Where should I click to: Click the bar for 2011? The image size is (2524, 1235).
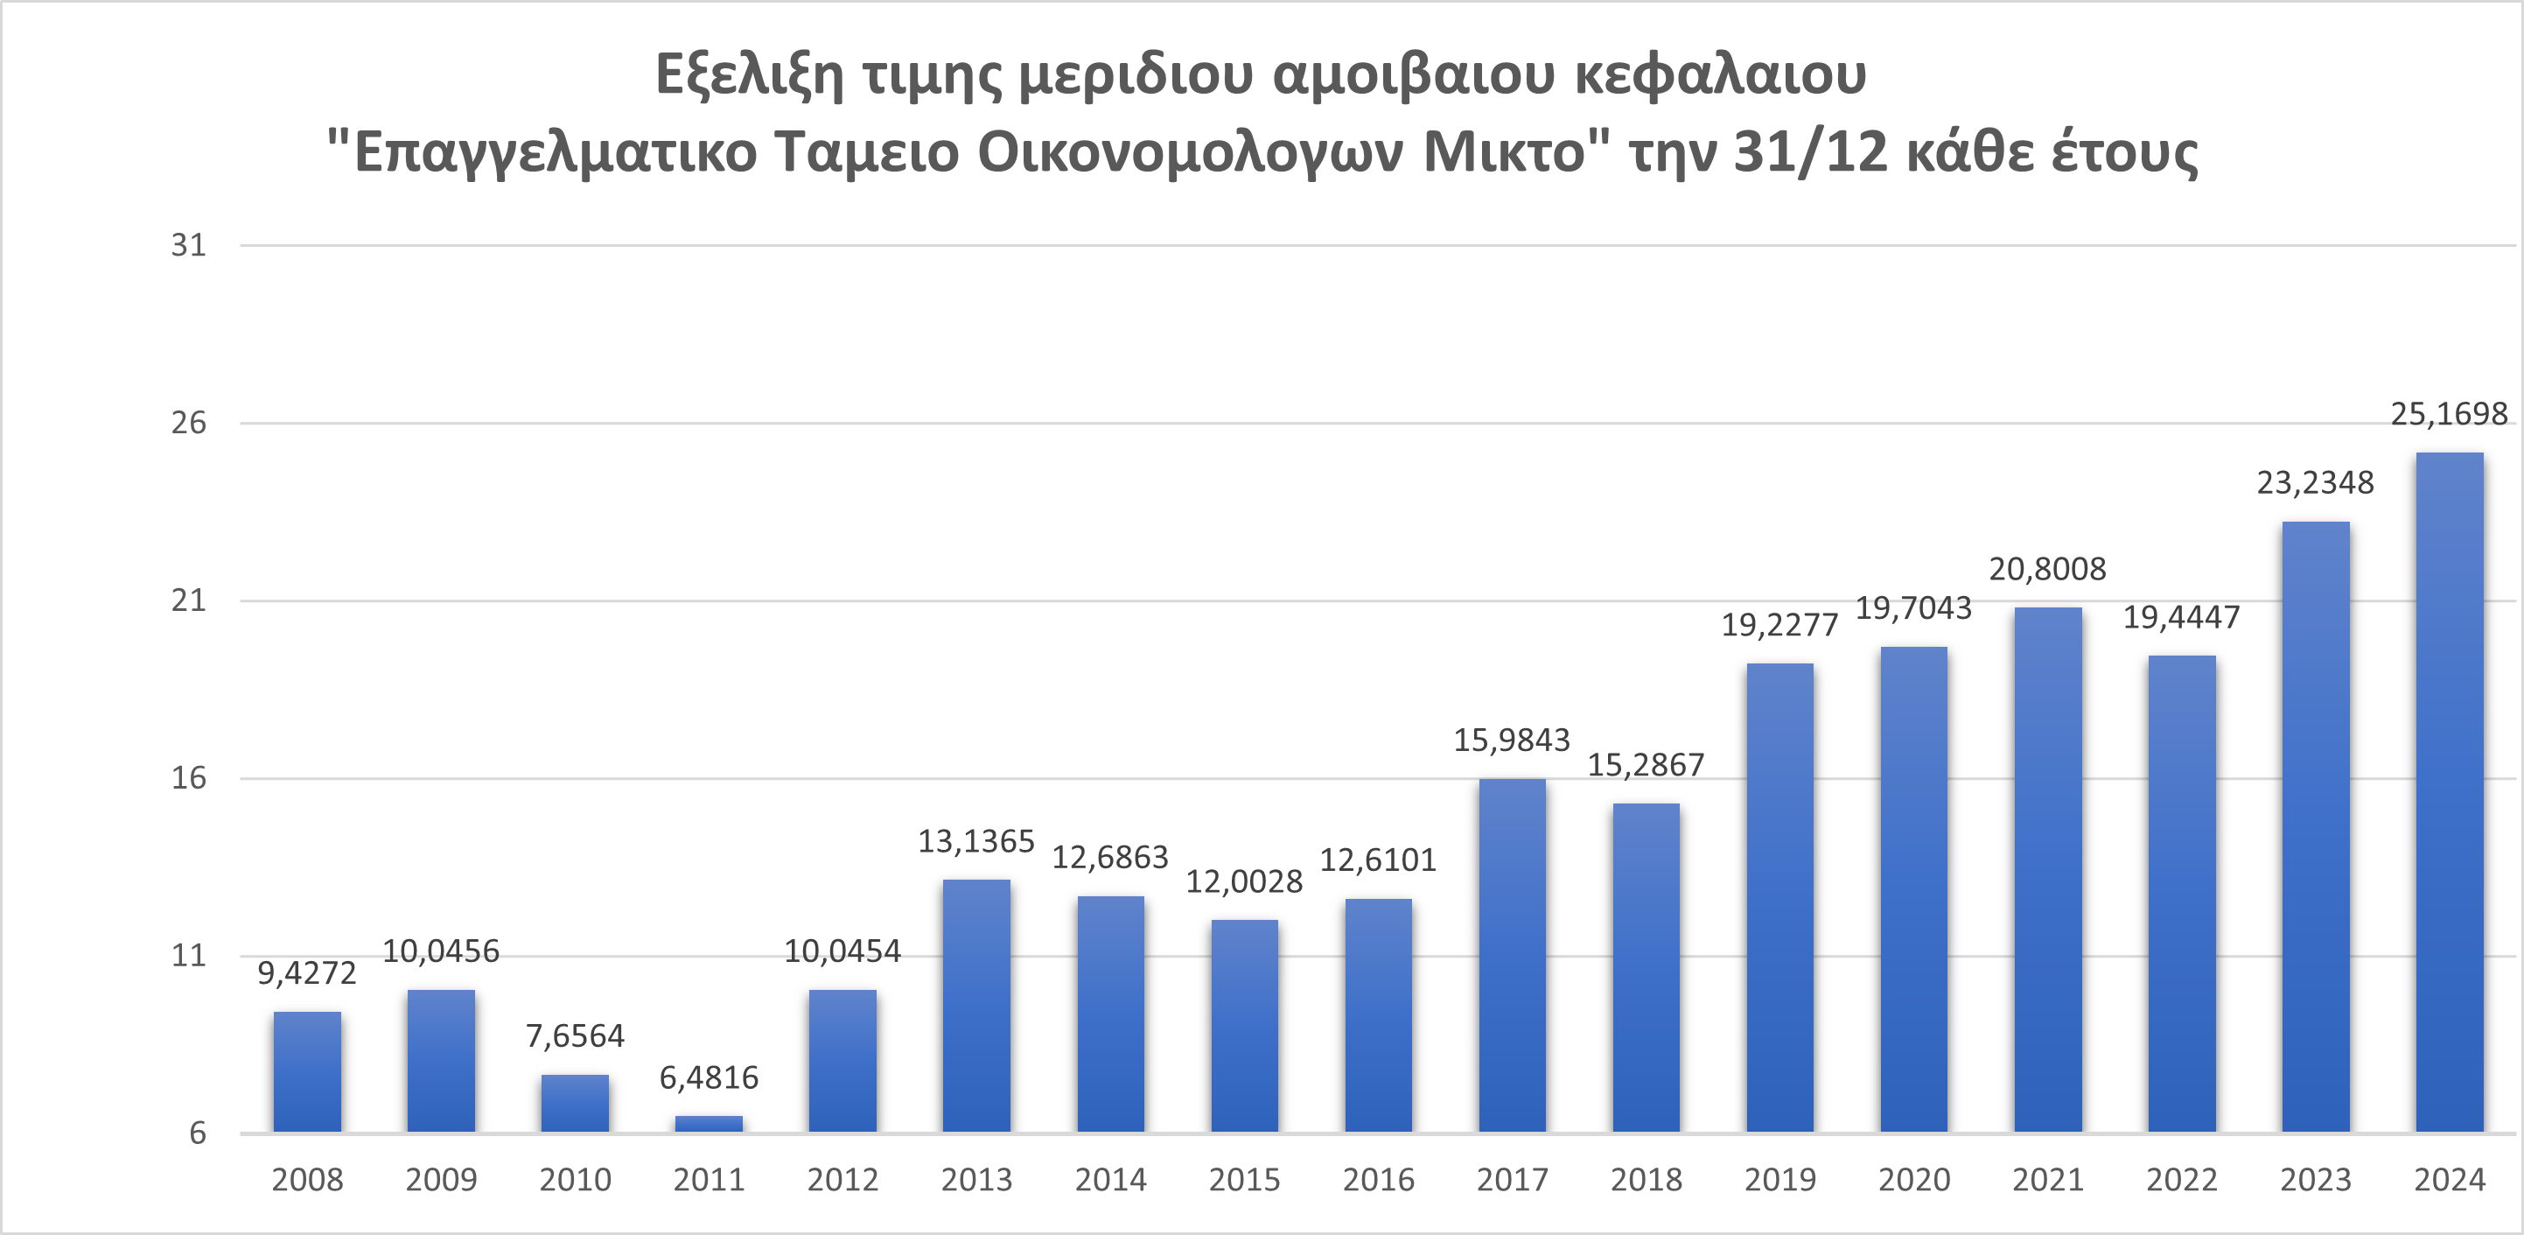709,1123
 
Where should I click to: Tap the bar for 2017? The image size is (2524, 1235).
1512,956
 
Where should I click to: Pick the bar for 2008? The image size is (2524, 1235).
307,1071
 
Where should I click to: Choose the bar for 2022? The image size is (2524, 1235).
2182,894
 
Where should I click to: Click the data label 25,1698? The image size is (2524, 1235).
2449,415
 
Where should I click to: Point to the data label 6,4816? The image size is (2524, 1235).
709,1078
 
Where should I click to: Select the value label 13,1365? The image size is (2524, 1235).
975,842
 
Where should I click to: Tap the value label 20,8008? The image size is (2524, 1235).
2047,570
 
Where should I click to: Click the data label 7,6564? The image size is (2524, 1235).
574,1036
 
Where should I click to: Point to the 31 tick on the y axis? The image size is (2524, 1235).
189,245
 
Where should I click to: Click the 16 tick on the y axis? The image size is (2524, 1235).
189,778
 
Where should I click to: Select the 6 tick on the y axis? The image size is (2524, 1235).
198,1133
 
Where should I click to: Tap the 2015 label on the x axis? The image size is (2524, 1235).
1244,1180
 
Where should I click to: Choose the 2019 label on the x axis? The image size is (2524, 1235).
1779,1180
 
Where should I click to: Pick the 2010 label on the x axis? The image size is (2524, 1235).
574,1180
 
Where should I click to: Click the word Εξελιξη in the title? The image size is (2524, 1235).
749,75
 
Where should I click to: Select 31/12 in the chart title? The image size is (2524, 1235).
1810,153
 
